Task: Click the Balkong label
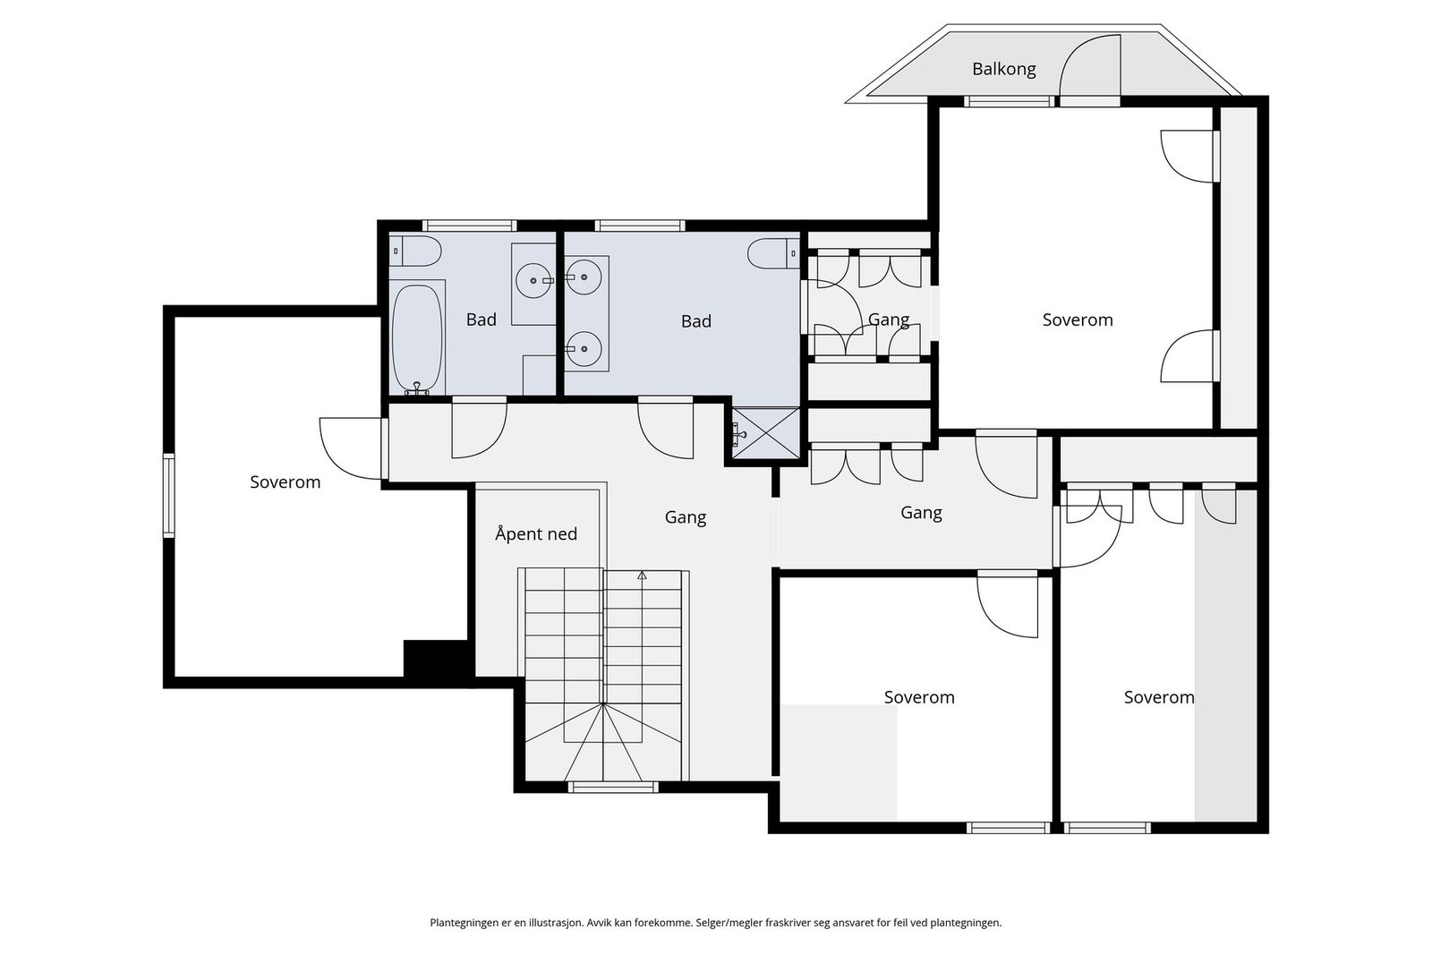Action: pos(1003,69)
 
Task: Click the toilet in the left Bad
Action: pos(416,252)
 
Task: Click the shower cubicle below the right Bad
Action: pos(765,433)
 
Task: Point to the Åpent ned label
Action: pos(536,534)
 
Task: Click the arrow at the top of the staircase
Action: pos(642,576)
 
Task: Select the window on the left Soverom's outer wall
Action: pos(168,495)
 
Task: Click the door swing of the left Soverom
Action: pos(352,447)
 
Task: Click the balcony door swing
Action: pos(1089,66)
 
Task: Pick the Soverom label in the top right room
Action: pos(1078,320)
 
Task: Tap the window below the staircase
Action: pos(613,788)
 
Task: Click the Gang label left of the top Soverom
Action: pos(888,320)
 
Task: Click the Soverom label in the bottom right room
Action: pos(1158,697)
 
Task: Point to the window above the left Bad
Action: pos(469,226)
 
